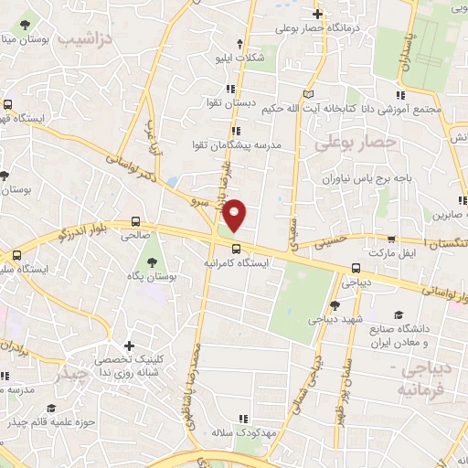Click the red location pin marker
236,215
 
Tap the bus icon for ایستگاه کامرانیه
237,248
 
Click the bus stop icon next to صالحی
135,220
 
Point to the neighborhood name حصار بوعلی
344,144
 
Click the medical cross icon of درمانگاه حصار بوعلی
317,14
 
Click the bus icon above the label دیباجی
356,268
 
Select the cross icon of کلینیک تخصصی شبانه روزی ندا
130,346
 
